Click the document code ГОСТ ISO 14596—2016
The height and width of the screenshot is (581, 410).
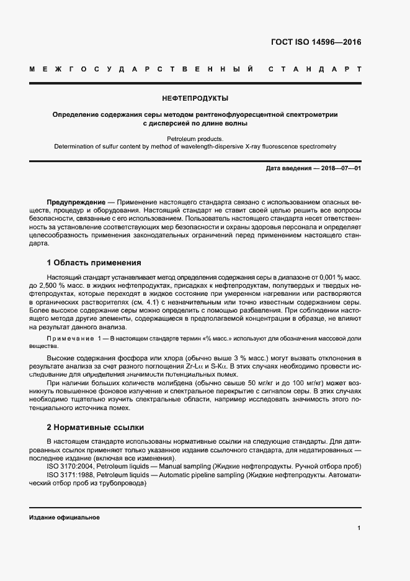(x=316, y=43)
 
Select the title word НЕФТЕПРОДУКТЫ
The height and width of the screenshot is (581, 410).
(x=195, y=98)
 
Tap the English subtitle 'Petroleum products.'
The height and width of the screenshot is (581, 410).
(x=195, y=139)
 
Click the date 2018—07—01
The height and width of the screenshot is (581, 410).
(x=341, y=168)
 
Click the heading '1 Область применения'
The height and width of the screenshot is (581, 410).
(x=94, y=263)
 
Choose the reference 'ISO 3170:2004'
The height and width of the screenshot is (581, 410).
(x=69, y=466)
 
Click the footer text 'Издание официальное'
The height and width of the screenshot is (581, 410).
(x=65, y=517)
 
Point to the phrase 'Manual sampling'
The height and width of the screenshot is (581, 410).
(x=185, y=466)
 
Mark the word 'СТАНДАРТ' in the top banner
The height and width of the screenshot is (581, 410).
(x=314, y=68)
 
